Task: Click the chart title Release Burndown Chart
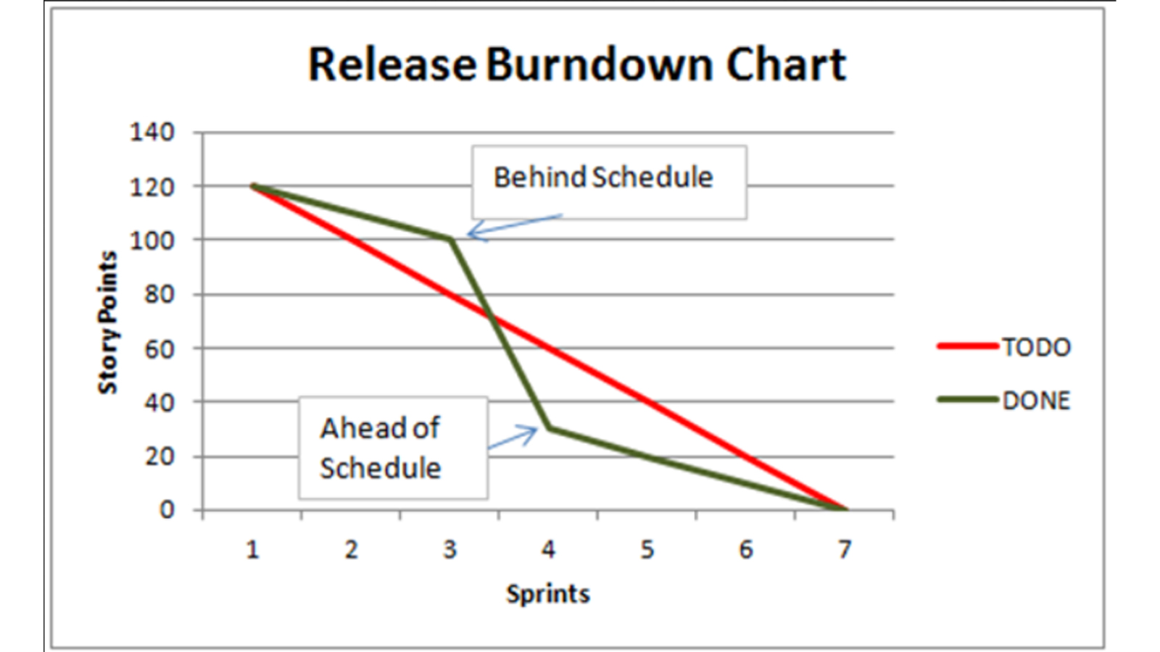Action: [577, 64]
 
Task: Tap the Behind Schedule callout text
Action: [603, 177]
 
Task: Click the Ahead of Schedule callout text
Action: [381, 448]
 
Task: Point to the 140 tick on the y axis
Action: [152, 133]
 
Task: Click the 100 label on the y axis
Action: [152, 241]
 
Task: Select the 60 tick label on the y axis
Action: [159, 349]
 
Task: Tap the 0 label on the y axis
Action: [167, 510]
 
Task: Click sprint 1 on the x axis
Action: [253, 550]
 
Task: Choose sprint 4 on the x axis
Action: [548, 550]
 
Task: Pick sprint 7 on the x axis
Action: [845, 550]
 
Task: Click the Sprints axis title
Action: [548, 593]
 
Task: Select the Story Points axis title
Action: [108, 322]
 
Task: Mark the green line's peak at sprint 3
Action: [450, 239]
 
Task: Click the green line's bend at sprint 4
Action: [549, 428]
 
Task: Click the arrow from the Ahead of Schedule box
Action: [513, 438]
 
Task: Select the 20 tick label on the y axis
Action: [159, 457]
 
